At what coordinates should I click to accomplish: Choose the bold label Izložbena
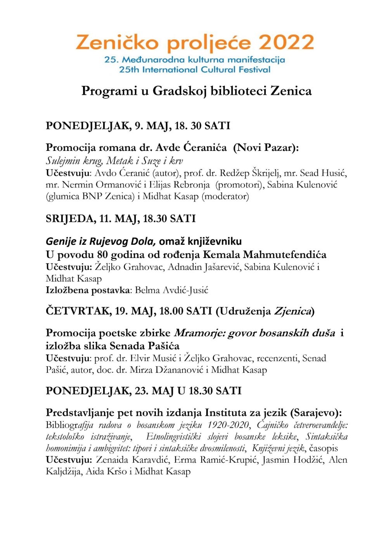(x=68, y=290)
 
